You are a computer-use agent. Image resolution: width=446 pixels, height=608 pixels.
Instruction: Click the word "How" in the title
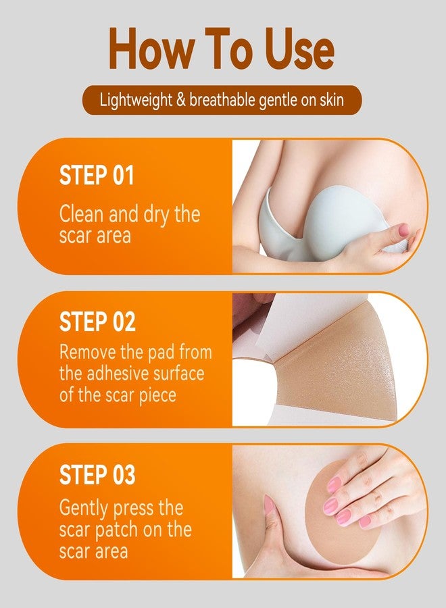coord(151,49)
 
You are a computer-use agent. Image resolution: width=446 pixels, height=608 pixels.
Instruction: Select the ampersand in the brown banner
coord(180,100)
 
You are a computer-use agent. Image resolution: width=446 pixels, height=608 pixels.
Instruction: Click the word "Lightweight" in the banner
coord(136,101)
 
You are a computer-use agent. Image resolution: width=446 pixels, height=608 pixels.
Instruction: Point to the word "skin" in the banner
coord(332,100)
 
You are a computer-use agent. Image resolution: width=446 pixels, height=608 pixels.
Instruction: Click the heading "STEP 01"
coord(96,175)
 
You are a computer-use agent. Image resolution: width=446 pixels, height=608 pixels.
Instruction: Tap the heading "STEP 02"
coord(97,322)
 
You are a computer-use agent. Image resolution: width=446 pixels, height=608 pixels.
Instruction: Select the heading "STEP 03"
coord(97,475)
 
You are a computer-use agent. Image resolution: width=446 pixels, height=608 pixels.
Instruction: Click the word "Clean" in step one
coord(82,213)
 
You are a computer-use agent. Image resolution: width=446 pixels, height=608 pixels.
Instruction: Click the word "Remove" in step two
coord(88,353)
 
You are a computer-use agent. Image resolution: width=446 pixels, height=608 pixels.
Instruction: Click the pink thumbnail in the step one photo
coord(404,230)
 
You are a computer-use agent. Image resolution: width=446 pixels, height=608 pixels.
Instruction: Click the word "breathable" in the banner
coord(222,100)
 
